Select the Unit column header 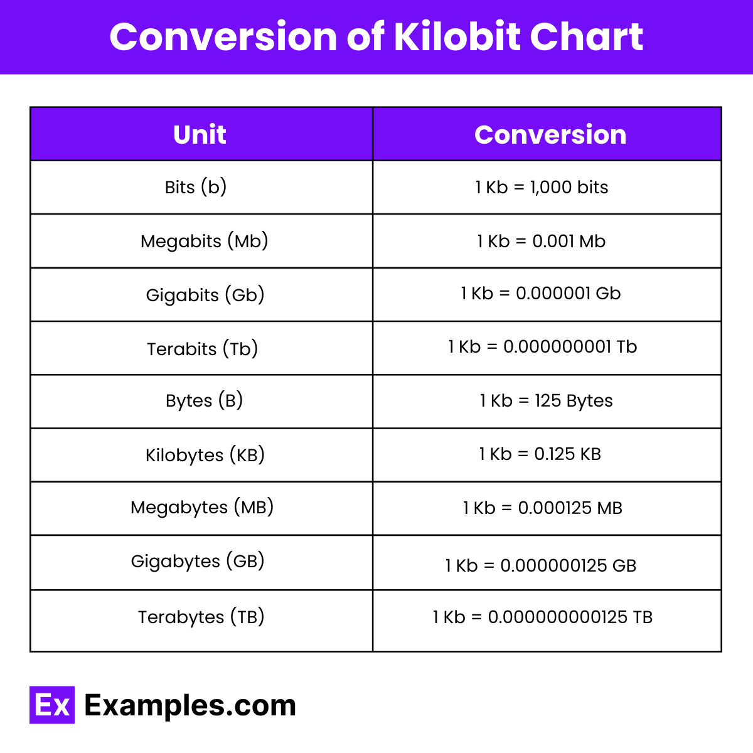coord(200,135)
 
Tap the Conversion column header coord(550,135)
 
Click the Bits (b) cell coord(196,187)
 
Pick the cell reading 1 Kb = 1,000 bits coord(542,187)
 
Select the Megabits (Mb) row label coord(204,241)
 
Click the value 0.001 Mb coord(569,241)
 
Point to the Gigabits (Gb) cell coord(205,295)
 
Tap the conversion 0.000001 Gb coord(568,294)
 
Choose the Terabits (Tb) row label coord(202,349)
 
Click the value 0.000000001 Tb coord(570,347)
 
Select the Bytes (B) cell coord(204,400)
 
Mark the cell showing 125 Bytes coord(574,400)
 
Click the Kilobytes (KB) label coord(205,455)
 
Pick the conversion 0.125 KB coord(567,454)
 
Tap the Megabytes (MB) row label coord(202,507)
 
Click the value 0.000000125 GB coord(568,566)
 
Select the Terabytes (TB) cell coord(201,617)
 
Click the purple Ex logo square coord(52,705)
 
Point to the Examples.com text coord(190,705)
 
